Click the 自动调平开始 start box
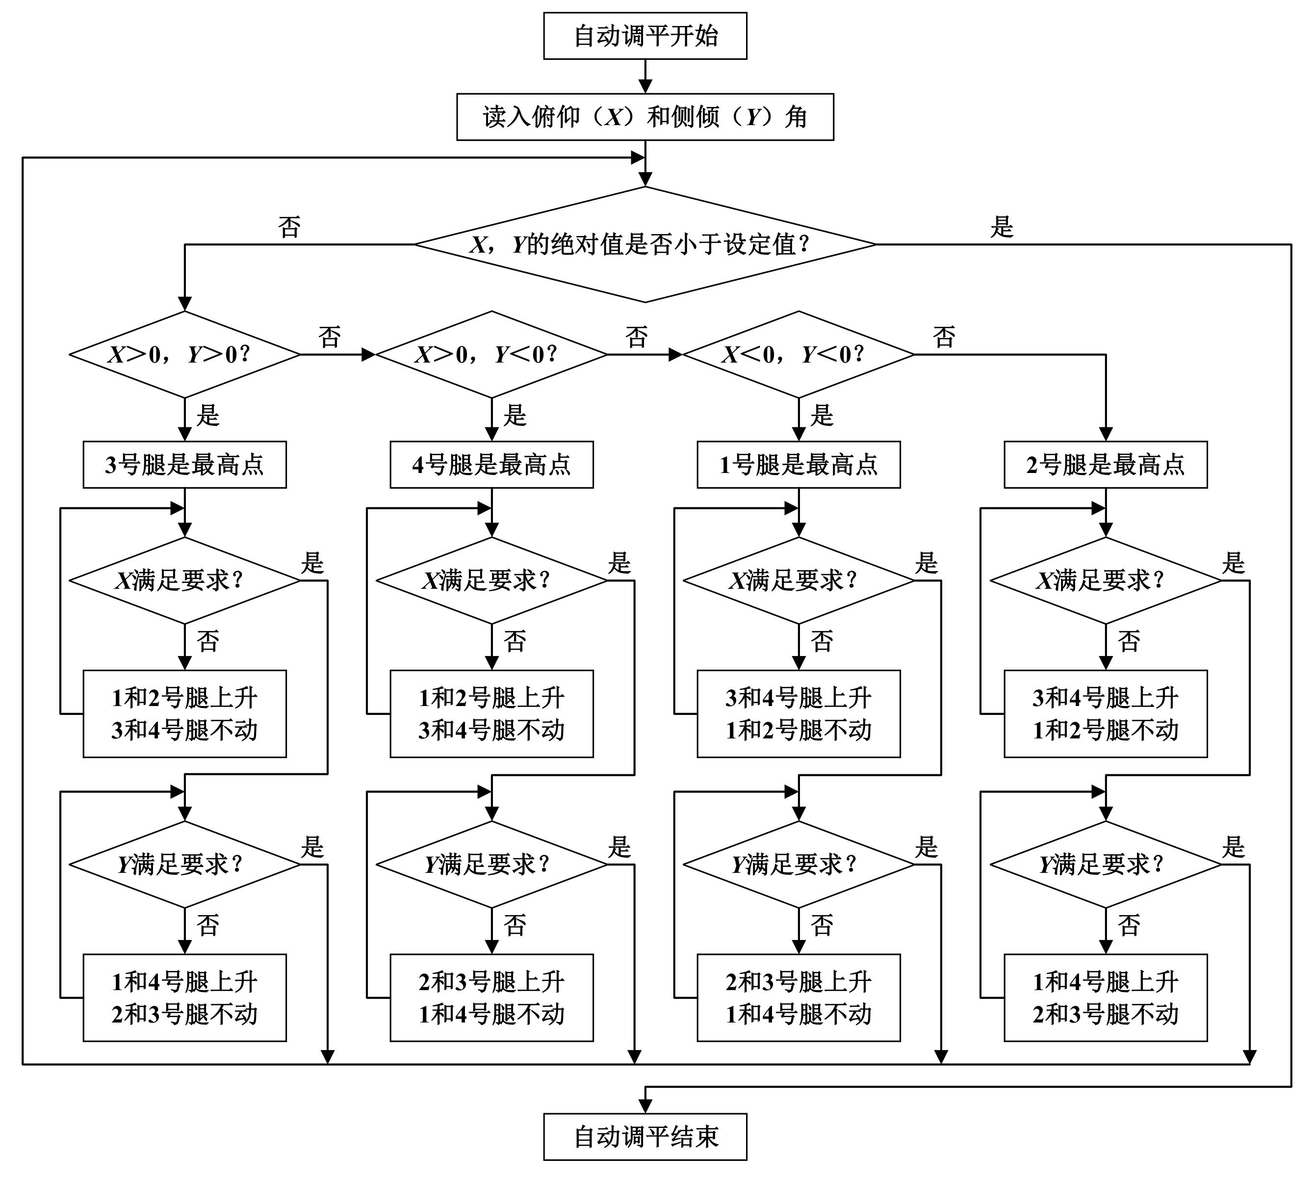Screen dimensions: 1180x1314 [644, 36]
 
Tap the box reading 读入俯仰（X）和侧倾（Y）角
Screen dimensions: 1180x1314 [644, 117]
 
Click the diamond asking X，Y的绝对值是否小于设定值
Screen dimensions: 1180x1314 [644, 244]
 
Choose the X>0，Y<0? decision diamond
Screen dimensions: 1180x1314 [491, 355]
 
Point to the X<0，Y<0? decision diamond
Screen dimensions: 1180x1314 [798, 355]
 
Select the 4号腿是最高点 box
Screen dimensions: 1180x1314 [491, 464]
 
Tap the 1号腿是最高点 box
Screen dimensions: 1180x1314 [798, 464]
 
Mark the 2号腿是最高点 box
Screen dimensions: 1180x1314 [1105, 464]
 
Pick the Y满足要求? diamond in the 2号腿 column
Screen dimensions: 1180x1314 [1105, 864]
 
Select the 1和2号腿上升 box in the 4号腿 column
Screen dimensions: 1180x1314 [491, 713]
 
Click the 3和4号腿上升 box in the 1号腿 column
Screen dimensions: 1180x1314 [798, 713]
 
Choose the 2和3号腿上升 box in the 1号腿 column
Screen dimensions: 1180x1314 [798, 997]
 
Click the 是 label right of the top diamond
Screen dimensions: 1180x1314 [1001, 227]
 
